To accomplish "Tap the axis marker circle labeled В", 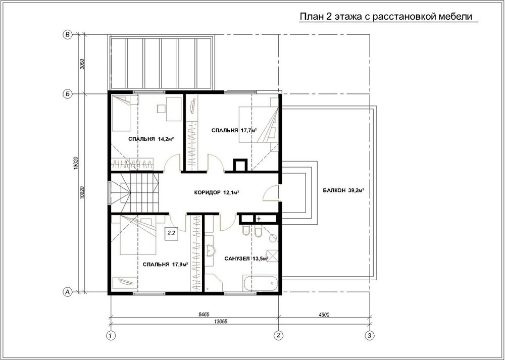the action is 67,35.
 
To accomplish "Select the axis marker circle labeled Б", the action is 67,94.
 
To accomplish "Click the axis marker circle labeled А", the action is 67,292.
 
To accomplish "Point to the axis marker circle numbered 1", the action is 111,335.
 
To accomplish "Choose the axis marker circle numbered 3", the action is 370,335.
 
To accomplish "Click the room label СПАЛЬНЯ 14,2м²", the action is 151,139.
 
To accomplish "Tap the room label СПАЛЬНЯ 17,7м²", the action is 234,130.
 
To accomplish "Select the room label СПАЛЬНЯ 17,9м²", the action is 165,265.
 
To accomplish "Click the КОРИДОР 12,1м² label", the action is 217,192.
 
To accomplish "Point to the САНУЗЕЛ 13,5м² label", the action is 246,259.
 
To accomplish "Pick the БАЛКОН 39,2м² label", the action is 343,190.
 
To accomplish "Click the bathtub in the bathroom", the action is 260,283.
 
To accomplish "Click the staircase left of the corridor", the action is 135,193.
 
